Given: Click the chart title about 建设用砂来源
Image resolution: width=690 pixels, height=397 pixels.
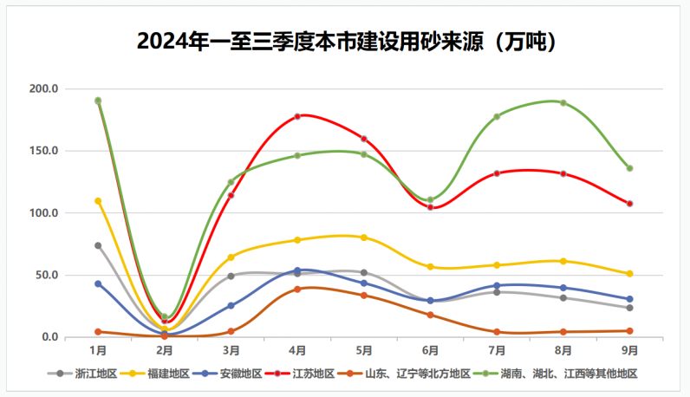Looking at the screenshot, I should pyautogui.click(x=346, y=41).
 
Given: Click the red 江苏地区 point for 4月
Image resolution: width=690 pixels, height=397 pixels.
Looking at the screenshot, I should pyautogui.click(x=297, y=116).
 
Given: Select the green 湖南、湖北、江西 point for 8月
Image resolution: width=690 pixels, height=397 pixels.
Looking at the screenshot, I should pyautogui.click(x=563, y=103).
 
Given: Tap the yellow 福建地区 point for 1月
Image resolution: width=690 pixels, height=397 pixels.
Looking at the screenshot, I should pyautogui.click(x=98, y=201).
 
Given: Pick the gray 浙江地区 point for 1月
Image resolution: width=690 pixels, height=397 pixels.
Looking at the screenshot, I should pyautogui.click(x=98, y=245).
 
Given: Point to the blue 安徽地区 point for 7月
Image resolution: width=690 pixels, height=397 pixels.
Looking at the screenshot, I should pyautogui.click(x=497, y=285).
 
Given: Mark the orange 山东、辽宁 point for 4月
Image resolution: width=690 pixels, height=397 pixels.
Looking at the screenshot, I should pyautogui.click(x=297, y=289).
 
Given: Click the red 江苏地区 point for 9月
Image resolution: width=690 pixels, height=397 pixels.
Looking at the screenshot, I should pyautogui.click(x=630, y=204).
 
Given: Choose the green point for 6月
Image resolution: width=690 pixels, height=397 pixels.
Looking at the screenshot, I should pyautogui.click(x=430, y=199).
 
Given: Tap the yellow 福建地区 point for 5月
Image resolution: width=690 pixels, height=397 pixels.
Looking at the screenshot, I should pyautogui.click(x=364, y=238).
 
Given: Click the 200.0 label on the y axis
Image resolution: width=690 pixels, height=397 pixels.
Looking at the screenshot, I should pyautogui.click(x=43, y=89).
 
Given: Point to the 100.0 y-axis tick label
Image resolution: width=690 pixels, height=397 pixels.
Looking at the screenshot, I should pyautogui.click(x=43, y=213).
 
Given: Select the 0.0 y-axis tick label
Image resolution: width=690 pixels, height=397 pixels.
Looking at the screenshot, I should pyautogui.click(x=49, y=337).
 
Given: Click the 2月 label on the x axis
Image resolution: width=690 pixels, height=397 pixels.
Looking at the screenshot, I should pyautogui.click(x=165, y=351).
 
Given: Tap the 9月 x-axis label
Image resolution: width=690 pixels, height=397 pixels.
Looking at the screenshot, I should pyautogui.click(x=630, y=351).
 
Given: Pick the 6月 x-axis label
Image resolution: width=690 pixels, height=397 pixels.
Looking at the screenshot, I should pyautogui.click(x=430, y=351).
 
